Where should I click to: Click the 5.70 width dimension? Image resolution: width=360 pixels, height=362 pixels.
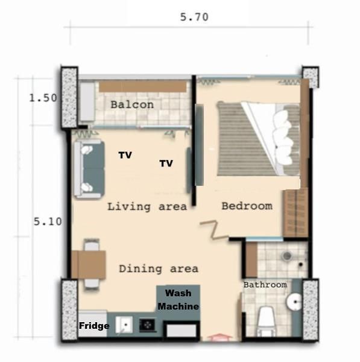[194, 17]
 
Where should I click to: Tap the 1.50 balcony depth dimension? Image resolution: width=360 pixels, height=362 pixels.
[43, 98]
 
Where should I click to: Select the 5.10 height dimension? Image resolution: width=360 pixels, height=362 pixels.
[48, 221]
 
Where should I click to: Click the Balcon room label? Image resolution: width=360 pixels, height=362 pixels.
[132, 105]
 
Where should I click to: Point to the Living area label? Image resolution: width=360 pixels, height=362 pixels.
[147, 206]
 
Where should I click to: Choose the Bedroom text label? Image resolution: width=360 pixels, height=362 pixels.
[247, 206]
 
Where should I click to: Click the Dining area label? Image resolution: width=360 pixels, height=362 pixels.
[159, 269]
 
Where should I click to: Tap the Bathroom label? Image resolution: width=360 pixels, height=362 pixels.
[265, 285]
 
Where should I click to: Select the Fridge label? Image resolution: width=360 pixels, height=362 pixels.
[94, 326]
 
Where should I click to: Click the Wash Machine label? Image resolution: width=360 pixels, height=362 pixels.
[178, 300]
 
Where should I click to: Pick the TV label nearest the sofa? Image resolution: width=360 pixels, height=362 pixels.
[125, 155]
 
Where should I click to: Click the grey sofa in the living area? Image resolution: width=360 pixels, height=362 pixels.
[89, 169]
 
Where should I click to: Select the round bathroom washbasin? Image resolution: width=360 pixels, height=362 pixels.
[294, 302]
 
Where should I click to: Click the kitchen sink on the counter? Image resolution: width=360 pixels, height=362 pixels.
[124, 325]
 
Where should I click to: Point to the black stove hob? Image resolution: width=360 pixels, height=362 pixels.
[147, 325]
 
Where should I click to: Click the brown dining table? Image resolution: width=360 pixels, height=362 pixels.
[89, 264]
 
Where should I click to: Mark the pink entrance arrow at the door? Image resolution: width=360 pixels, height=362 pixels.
[219, 337]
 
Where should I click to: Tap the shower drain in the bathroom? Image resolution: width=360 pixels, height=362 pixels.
[287, 256]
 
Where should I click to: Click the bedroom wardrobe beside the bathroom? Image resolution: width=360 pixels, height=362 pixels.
[296, 212]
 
